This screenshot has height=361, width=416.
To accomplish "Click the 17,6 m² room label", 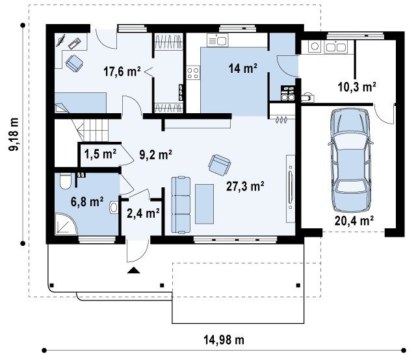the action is tap(122, 71).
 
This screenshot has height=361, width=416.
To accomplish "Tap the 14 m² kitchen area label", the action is tap(242, 68).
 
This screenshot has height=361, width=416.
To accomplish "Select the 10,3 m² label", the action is tap(357, 87).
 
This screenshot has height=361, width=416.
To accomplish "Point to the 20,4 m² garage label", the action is tap(354, 221).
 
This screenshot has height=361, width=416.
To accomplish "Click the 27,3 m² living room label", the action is tap(245, 186).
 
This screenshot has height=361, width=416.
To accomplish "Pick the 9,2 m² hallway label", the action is tap(156, 155).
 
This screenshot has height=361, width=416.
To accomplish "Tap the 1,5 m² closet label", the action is tap(100, 154).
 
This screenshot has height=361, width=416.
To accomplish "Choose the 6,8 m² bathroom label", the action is tap(87, 202).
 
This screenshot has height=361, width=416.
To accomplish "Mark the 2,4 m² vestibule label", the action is tap(143, 213).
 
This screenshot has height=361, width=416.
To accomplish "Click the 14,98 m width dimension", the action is tap(224, 340).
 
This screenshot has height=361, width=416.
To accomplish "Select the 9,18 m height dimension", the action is tap(14, 134).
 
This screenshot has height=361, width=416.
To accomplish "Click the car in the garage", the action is tap(350, 160).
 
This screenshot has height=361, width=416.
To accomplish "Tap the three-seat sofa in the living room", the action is tap(181, 205).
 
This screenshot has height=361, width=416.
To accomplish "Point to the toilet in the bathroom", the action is tap(66, 181).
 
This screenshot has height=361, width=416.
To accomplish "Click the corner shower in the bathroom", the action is tap(66, 224).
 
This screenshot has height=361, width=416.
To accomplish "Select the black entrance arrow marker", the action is tap(133, 270).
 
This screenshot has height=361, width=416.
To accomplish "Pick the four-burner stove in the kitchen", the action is tap(193, 72).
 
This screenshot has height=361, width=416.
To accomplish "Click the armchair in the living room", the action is tap(219, 165).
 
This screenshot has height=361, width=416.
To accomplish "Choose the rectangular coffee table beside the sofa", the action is tap(205, 204).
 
